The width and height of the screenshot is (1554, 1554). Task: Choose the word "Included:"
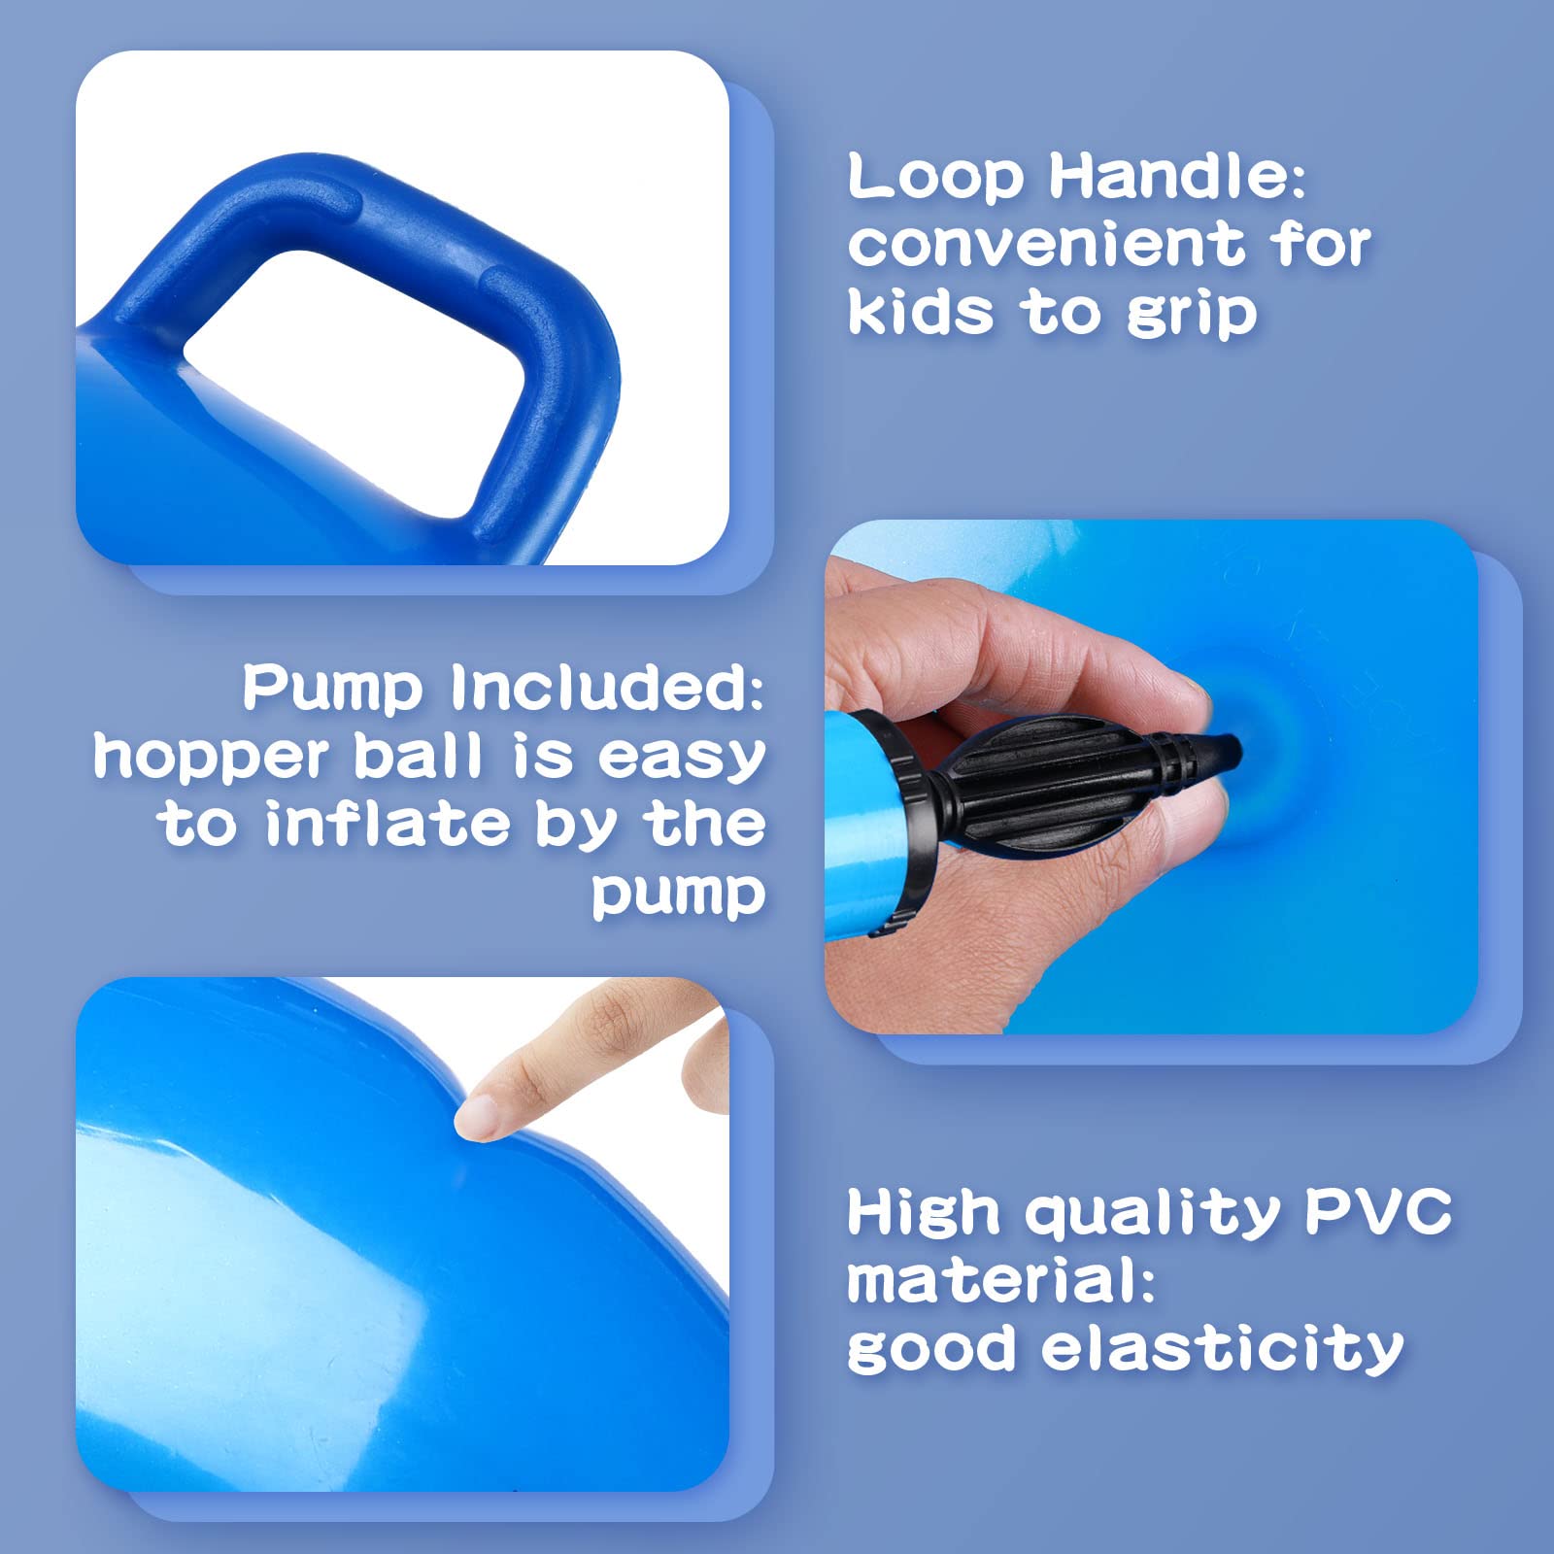(x=607, y=688)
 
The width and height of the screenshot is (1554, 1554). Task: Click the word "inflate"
(x=388, y=825)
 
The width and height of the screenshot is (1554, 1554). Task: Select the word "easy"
(x=681, y=759)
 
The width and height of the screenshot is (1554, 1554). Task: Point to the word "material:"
(x=1000, y=1280)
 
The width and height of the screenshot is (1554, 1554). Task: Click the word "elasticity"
(x=1223, y=1349)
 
